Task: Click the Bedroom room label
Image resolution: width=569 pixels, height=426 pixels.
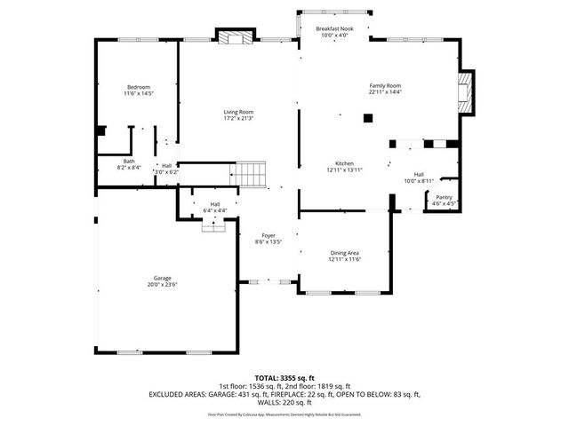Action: pyautogui.click(x=137, y=86)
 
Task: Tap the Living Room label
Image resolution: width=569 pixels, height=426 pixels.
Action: pyautogui.click(x=238, y=111)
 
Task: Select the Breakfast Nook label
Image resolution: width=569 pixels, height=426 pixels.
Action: pyautogui.click(x=335, y=29)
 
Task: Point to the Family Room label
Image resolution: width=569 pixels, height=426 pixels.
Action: pyautogui.click(x=386, y=85)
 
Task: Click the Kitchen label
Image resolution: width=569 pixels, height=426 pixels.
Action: pyautogui.click(x=344, y=163)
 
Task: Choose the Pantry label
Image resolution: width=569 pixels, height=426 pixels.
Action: pyautogui.click(x=444, y=197)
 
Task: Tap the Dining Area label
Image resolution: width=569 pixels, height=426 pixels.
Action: pyautogui.click(x=344, y=253)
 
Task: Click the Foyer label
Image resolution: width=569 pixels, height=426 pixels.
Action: pyautogui.click(x=268, y=235)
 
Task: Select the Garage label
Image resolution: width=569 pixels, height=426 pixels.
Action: pyautogui.click(x=162, y=279)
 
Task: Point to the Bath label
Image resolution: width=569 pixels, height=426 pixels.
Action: pyautogui.click(x=129, y=161)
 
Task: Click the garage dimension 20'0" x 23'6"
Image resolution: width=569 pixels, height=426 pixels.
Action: pyautogui.click(x=162, y=286)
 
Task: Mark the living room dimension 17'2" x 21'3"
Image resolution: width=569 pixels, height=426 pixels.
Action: pyautogui.click(x=238, y=118)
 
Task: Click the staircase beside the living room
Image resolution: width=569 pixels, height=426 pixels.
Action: pyautogui.click(x=252, y=174)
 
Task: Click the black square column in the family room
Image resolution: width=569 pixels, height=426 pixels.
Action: pyautogui.click(x=367, y=117)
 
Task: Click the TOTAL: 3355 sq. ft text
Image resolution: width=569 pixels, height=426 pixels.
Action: pyautogui.click(x=284, y=378)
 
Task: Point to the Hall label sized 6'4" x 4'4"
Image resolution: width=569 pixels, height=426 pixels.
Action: pyautogui.click(x=214, y=204)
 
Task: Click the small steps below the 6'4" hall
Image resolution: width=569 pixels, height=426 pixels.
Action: pyautogui.click(x=213, y=226)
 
